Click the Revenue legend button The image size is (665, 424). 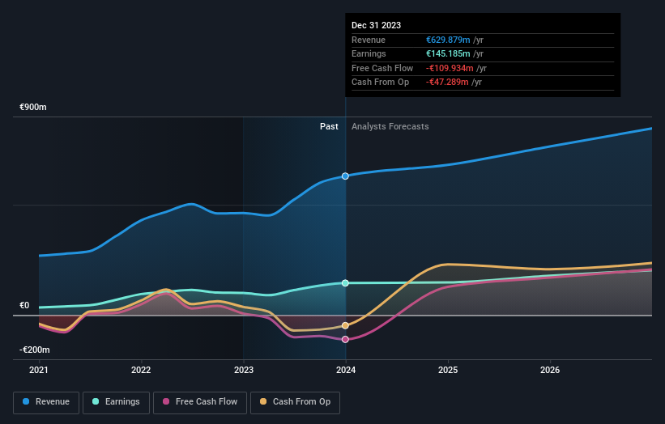click(46, 401)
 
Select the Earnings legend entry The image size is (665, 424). click(116, 401)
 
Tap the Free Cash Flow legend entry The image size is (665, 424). click(200, 401)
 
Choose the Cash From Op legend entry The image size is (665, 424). click(295, 401)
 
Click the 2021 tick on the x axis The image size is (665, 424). click(39, 371)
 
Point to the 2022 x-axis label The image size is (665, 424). click(141, 371)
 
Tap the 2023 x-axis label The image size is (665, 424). click(243, 371)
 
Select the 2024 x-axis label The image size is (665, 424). click(346, 371)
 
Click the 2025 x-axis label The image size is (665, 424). click(448, 371)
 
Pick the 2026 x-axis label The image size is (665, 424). click(550, 371)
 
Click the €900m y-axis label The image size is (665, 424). click(34, 107)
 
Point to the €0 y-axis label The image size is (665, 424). click(24, 305)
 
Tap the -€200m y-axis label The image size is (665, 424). click(35, 350)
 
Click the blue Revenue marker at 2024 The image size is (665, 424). click(346, 176)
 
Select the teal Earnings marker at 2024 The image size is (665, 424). click(346, 283)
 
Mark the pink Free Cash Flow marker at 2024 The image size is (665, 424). click(346, 339)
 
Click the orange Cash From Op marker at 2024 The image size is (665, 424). click(346, 325)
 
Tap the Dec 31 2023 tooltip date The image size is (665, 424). click(376, 26)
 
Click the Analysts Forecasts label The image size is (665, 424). click(390, 126)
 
